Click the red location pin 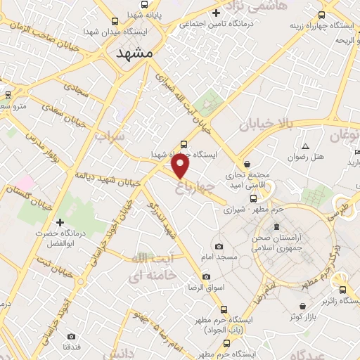[x=181, y=165]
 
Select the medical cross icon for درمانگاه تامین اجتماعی [x=216, y=13]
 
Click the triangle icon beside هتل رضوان [x=305, y=146]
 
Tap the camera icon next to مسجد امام [x=219, y=247]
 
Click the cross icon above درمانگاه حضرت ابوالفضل [x=60, y=203]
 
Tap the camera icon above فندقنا [x=71, y=337]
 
